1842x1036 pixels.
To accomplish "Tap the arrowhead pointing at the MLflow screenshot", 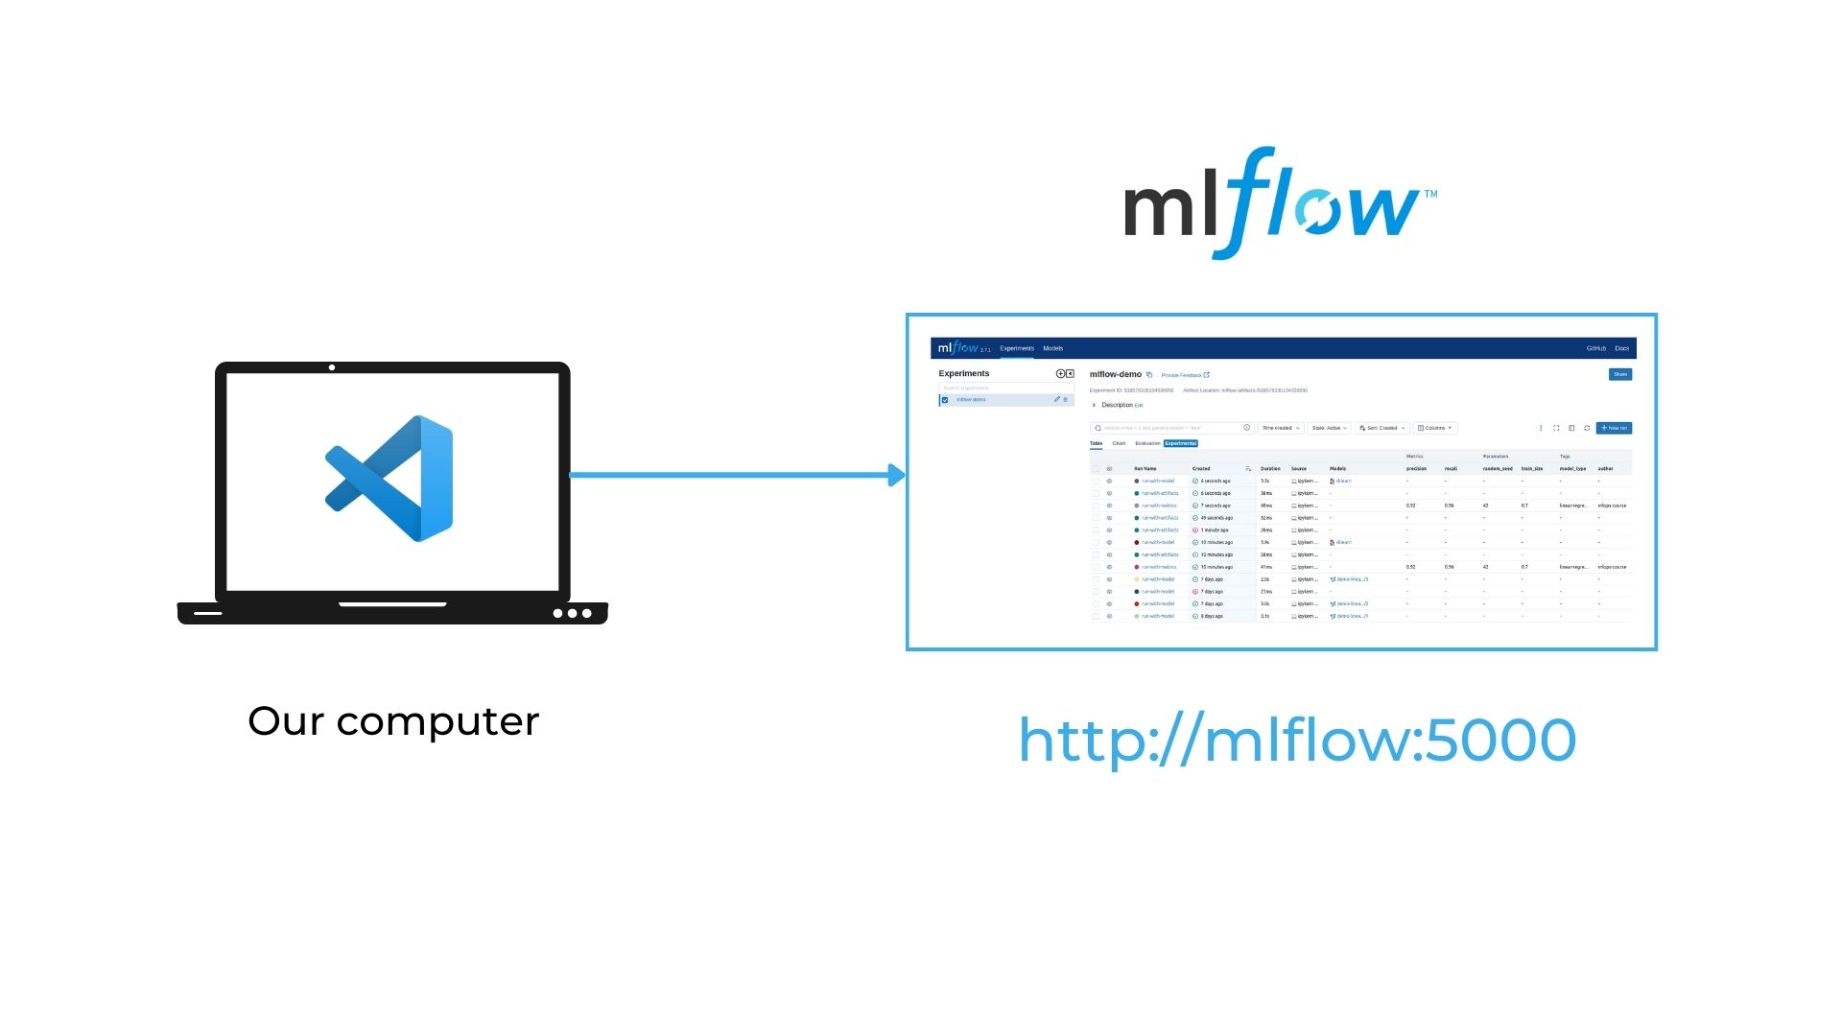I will [897, 475].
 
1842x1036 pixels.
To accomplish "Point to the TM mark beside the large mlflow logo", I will [1430, 194].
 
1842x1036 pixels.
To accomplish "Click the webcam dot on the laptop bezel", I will [332, 367].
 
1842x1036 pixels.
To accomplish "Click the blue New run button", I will [1614, 428].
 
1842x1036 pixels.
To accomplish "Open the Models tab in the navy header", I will [1052, 348].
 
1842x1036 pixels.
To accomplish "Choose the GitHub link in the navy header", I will [1595, 348].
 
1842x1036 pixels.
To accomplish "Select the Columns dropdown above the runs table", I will [1434, 428].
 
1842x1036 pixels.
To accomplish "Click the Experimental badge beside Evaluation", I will [1181, 443].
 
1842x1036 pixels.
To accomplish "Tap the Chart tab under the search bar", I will [1119, 443].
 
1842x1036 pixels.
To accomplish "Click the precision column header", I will [1416, 469].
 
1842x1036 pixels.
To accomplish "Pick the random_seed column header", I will [1497, 469].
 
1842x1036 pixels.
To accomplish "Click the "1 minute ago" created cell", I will [1215, 530].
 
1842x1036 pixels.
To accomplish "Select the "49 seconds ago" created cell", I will [1216, 518].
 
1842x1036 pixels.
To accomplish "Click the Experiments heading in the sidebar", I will [963, 373].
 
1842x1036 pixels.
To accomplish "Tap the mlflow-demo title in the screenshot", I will [1115, 374].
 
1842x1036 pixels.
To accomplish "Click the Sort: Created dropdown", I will [1382, 428].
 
